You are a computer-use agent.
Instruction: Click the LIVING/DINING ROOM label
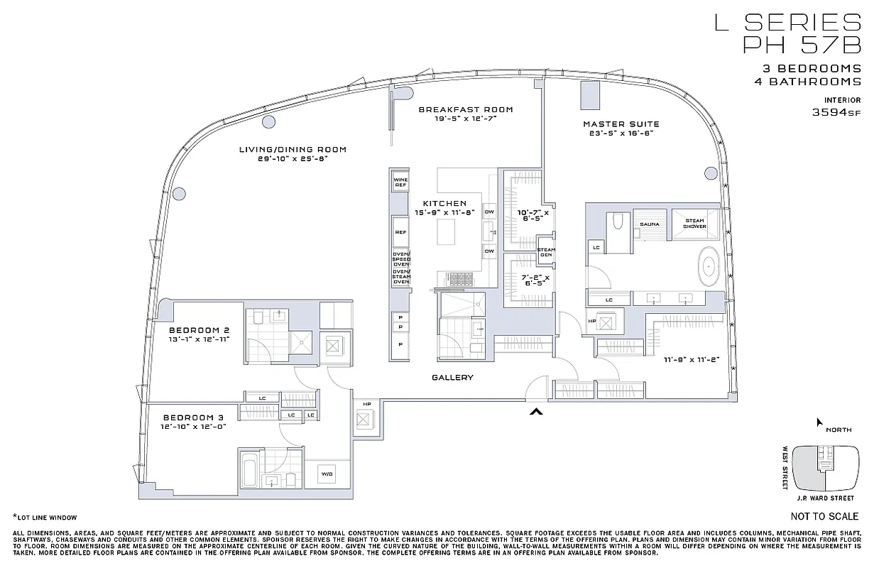coord(293,149)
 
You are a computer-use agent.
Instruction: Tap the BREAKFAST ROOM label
coord(465,109)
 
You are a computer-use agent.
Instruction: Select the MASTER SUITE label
coord(621,124)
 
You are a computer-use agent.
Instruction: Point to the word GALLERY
coord(452,378)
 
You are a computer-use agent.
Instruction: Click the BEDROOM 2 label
coord(199,330)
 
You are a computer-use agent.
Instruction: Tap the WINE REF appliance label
coord(400,182)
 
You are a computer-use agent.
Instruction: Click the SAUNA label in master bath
coord(649,224)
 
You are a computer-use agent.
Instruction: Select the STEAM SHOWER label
coord(694,224)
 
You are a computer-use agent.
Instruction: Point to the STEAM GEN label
coord(546,252)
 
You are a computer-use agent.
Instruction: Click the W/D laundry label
coord(327,474)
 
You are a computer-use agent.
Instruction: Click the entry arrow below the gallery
coord(537,411)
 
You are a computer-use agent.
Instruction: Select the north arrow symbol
coord(819,422)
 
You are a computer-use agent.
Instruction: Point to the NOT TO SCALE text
coord(824,516)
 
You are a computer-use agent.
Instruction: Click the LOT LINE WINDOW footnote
coord(46,518)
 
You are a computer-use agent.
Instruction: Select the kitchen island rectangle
coord(447,231)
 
